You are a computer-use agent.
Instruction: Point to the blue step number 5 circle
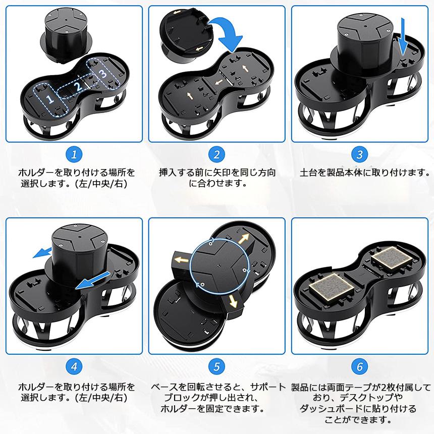(x=217, y=366)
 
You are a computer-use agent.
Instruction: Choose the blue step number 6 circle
(x=359, y=366)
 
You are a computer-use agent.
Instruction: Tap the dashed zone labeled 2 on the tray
(x=78, y=86)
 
